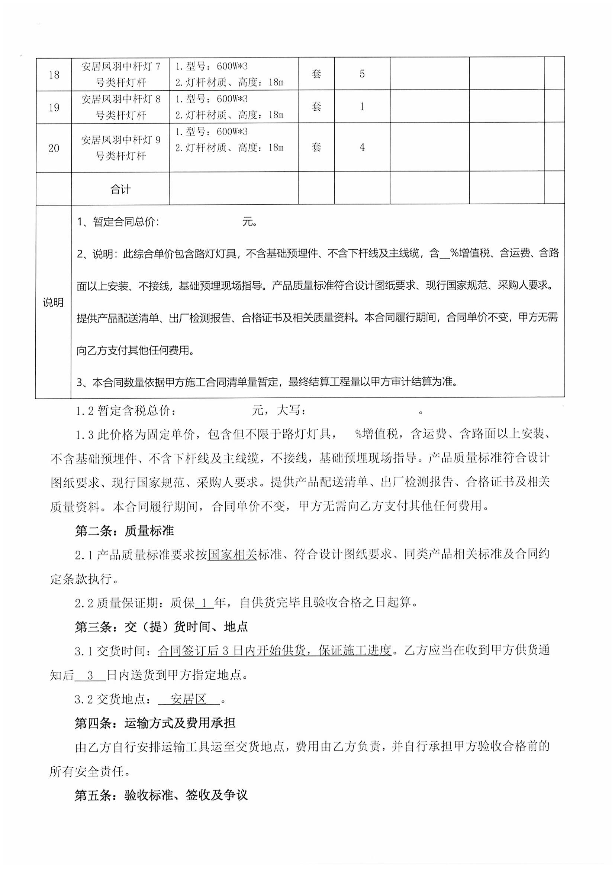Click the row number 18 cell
coord(54,75)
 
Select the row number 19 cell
coord(54,107)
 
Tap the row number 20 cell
coord(54,148)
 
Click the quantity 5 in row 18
coord(362,74)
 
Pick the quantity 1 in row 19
coord(362,107)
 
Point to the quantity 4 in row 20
coord(362,147)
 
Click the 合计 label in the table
coord(120,189)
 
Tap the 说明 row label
coord(53,302)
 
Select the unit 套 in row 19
coord(316,107)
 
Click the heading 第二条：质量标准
coord(124,531)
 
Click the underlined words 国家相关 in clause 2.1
coord(232,555)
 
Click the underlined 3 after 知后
coord(90,675)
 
